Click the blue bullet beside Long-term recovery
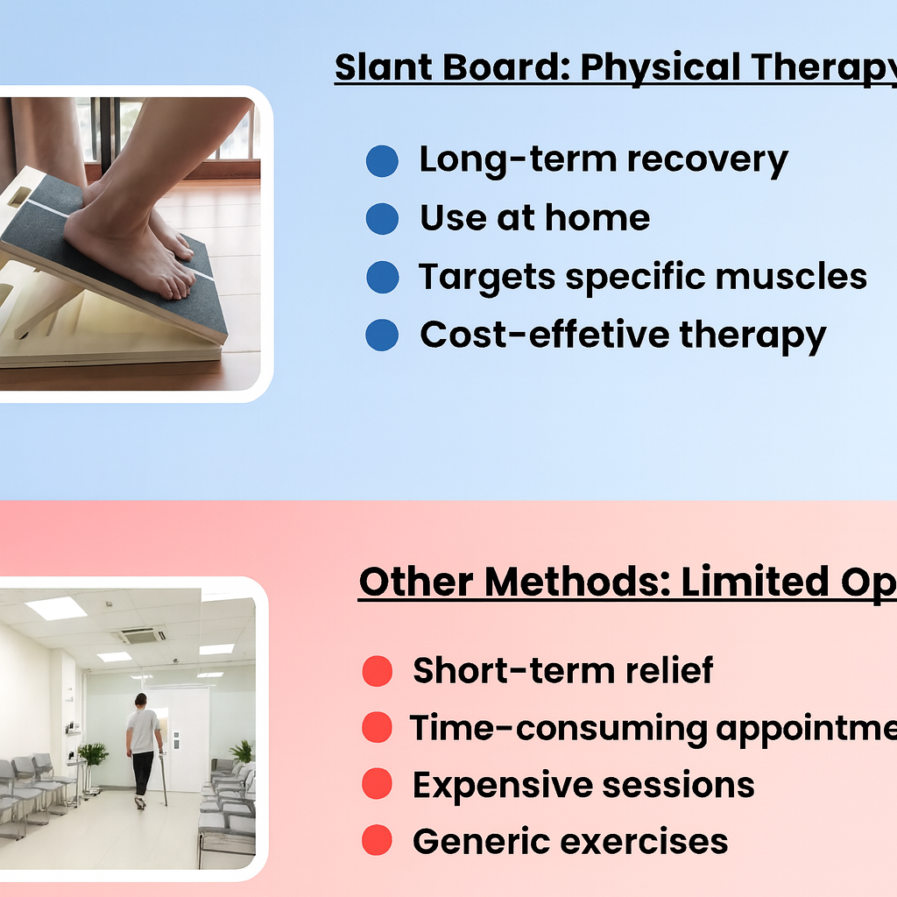point(382,161)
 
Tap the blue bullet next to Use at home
point(382,219)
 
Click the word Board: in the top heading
point(510,67)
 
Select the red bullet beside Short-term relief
point(377,672)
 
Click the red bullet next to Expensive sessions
point(377,785)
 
